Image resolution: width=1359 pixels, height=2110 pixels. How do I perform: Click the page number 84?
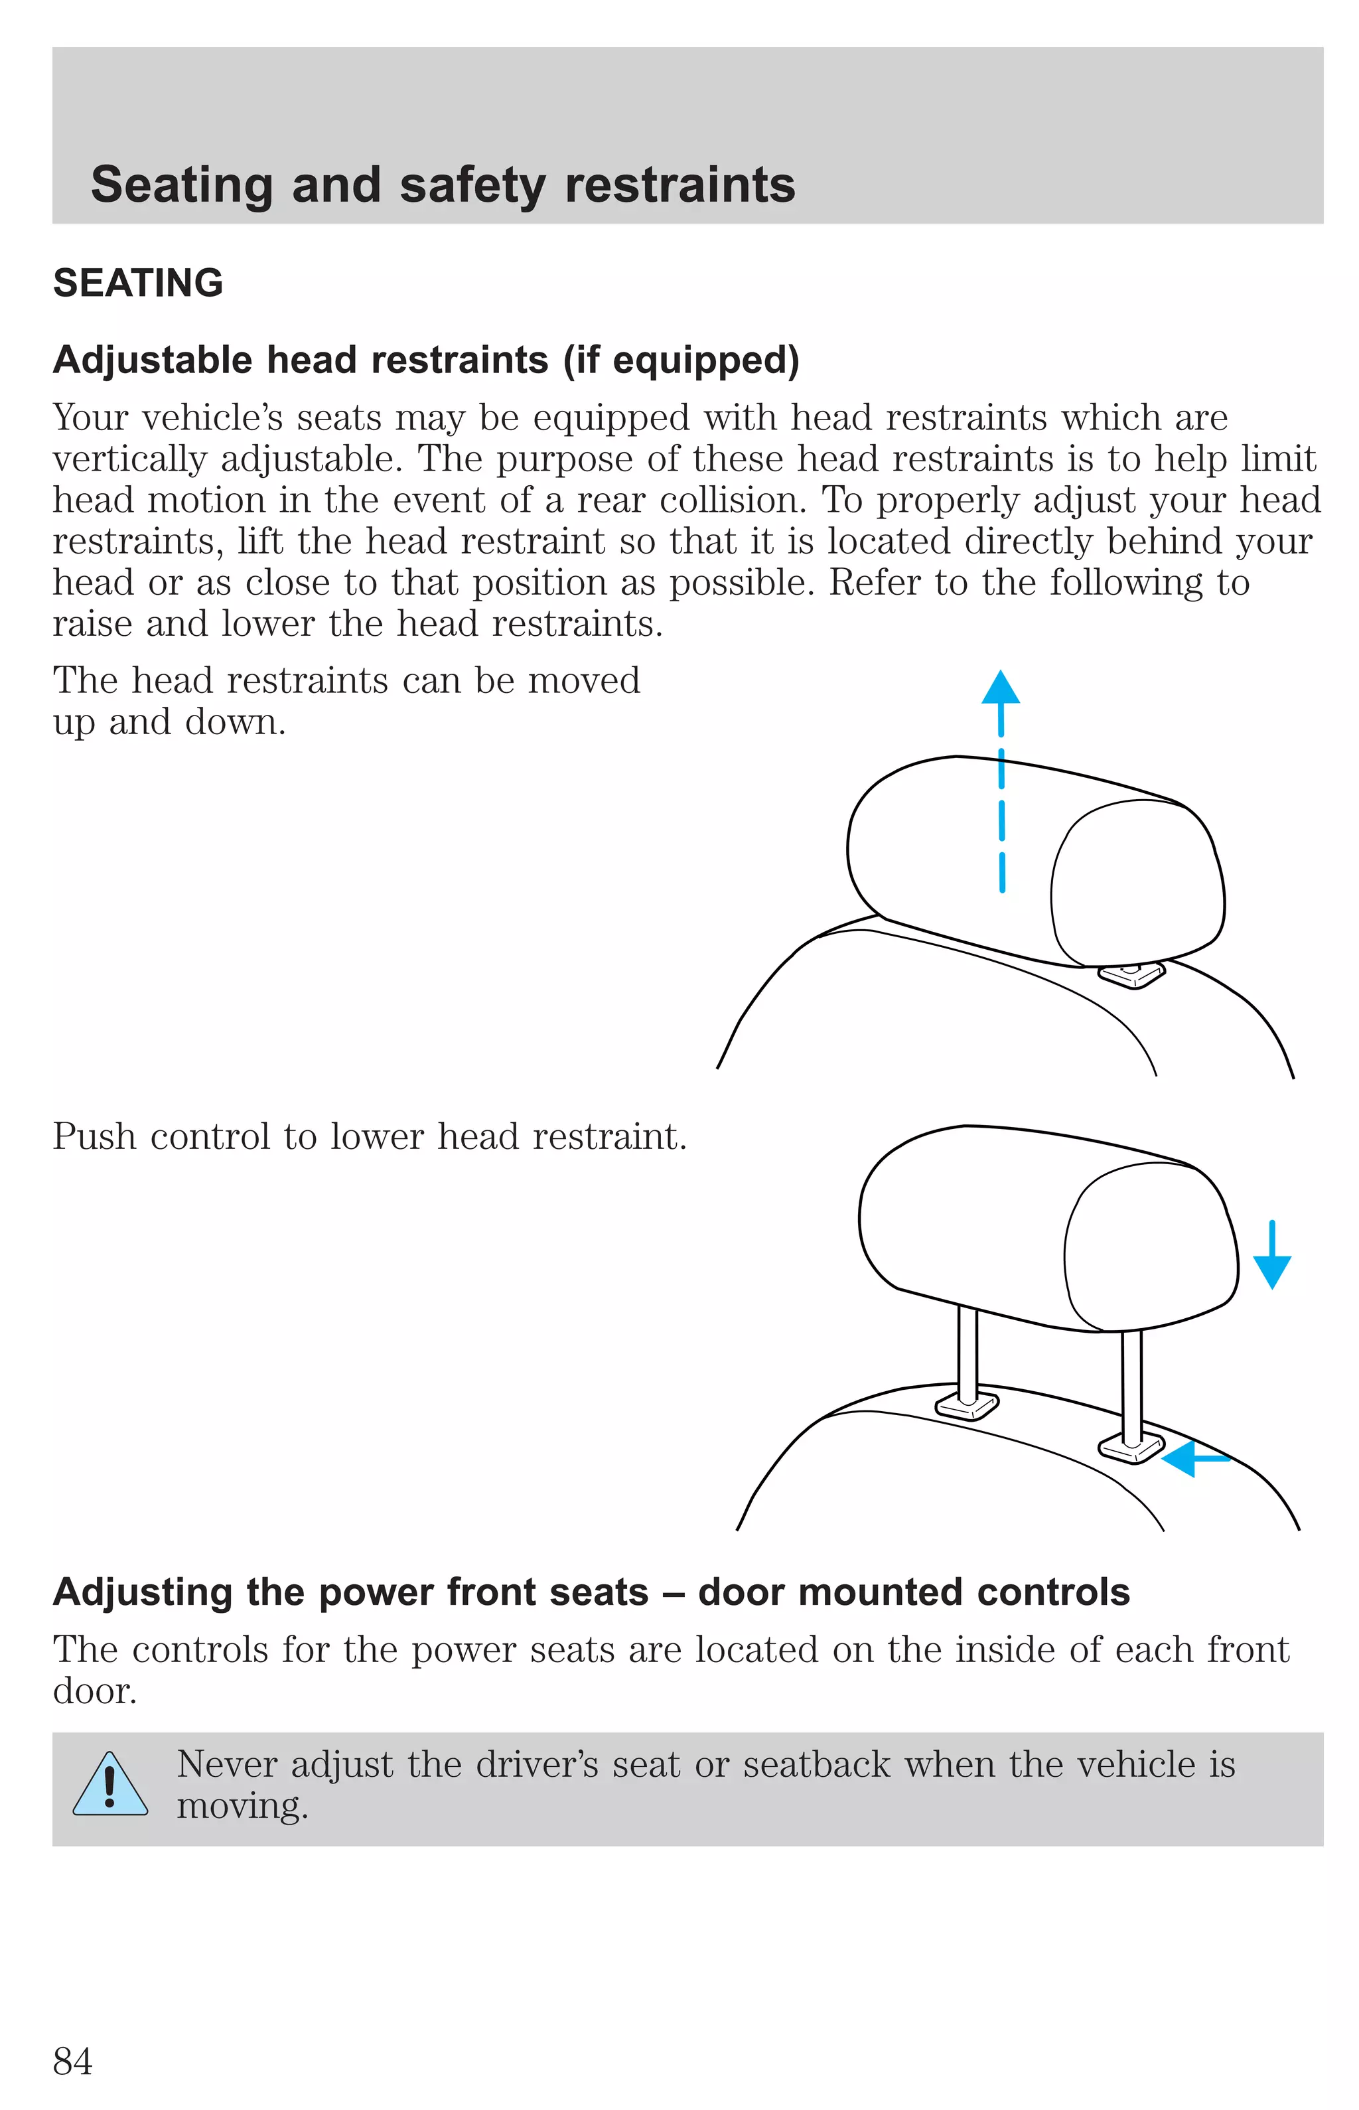click(x=72, y=2062)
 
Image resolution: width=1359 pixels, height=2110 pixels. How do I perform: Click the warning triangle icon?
click(x=109, y=1785)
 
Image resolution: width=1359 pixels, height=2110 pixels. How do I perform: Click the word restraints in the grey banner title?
click(x=679, y=185)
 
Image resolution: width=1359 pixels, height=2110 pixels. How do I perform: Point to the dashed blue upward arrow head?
click(x=1001, y=689)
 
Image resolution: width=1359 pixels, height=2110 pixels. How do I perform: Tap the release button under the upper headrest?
click(x=1131, y=974)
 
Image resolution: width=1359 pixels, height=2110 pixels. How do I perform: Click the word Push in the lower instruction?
click(x=94, y=1136)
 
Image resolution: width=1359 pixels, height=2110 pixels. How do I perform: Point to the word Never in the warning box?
click(x=227, y=1765)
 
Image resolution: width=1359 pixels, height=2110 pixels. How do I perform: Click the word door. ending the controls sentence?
click(x=94, y=1692)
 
